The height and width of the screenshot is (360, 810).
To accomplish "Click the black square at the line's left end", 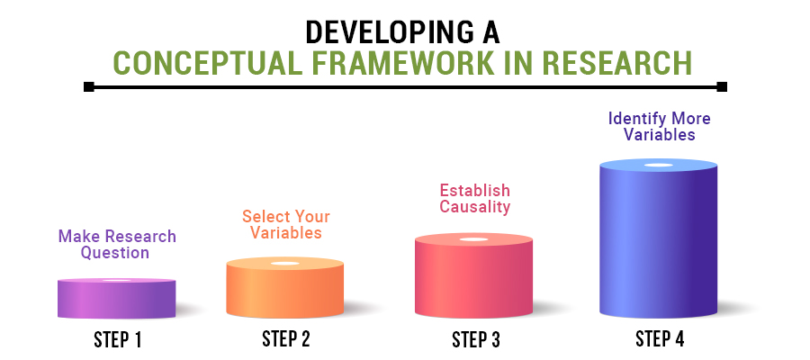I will [88, 87].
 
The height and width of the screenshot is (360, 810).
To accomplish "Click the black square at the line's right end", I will [722, 87].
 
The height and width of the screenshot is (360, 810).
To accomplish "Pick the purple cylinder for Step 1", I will [116, 299].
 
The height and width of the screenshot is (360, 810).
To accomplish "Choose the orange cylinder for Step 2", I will [285, 290].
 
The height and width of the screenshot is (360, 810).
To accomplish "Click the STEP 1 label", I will [118, 340].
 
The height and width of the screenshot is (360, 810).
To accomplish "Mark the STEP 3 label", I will [475, 340].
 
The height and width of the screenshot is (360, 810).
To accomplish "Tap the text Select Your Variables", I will [285, 224].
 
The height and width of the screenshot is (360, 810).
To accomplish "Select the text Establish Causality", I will [474, 198].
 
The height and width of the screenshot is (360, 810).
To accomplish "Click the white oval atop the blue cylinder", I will [658, 166].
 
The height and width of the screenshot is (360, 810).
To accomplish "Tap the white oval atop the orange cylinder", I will [285, 263].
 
